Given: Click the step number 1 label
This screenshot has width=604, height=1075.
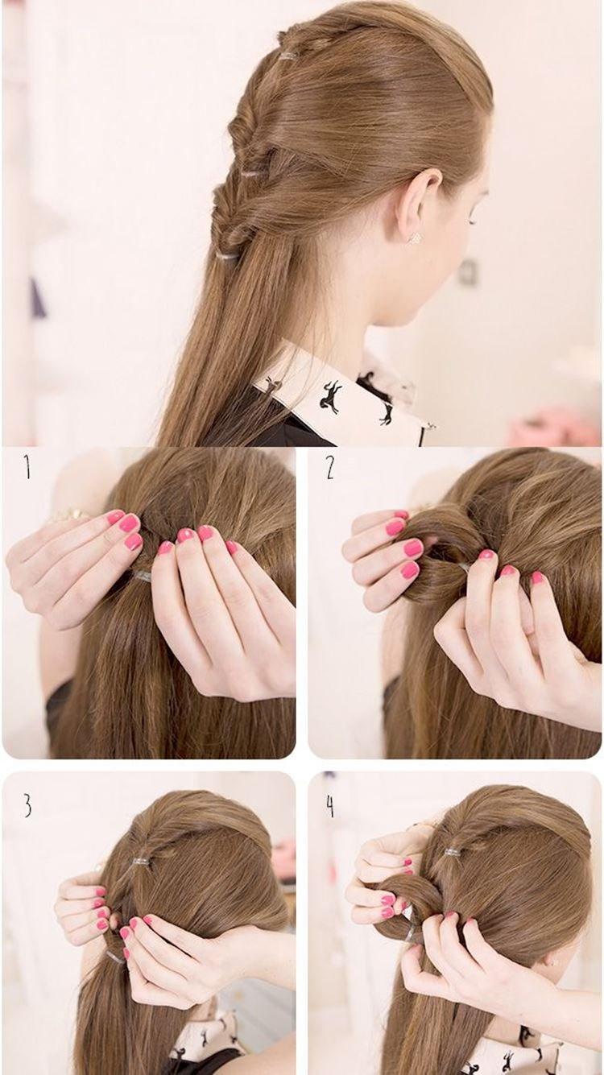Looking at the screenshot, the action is [x=28, y=467].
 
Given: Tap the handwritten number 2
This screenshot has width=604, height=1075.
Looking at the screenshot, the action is [x=329, y=467].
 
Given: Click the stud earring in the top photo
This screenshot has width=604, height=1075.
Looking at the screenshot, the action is [x=414, y=238].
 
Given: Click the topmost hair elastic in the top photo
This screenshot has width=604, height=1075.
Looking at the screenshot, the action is [x=288, y=56].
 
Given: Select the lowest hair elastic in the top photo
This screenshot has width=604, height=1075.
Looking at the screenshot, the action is [x=226, y=256].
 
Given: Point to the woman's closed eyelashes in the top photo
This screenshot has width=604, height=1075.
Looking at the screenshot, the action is [x=471, y=221].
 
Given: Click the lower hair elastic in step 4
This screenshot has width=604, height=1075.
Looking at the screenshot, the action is [x=410, y=935].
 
